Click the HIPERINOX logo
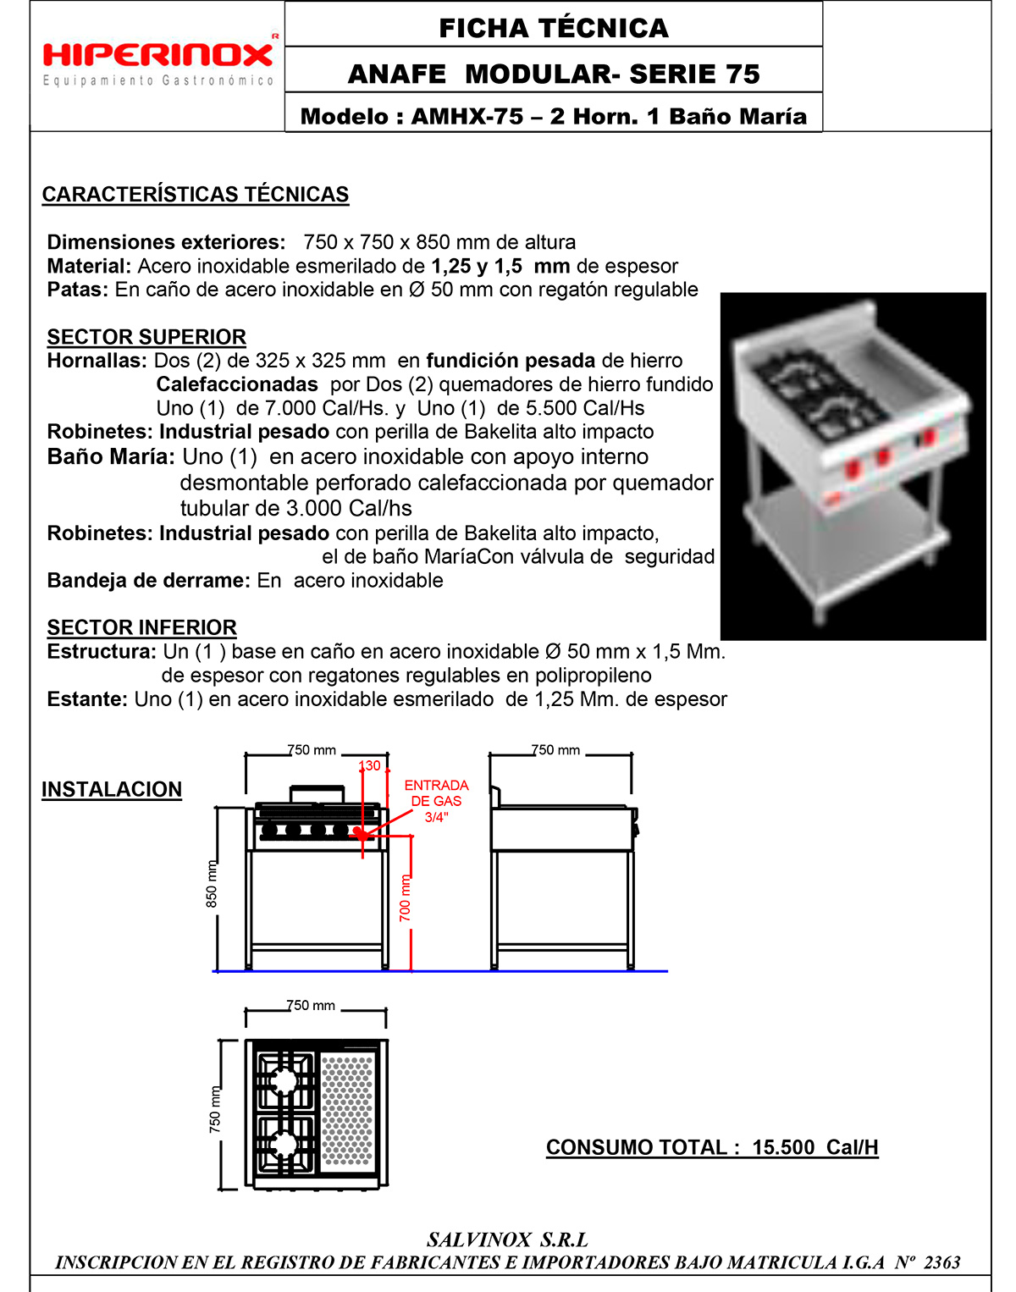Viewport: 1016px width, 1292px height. pyautogui.click(x=158, y=56)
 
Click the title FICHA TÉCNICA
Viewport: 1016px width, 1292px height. pyautogui.click(x=554, y=27)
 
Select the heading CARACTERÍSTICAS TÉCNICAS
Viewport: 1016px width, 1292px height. pyautogui.click(x=196, y=195)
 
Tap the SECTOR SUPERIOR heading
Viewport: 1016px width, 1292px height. pyautogui.click(x=146, y=337)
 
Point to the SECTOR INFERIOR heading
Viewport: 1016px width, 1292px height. pyautogui.click(x=142, y=627)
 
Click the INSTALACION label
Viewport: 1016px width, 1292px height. pyautogui.click(x=112, y=789)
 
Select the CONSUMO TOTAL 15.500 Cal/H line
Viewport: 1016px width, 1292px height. pyautogui.click(x=712, y=1147)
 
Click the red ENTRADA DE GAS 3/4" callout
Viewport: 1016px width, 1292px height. pyautogui.click(x=436, y=801)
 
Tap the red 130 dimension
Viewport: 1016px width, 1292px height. pyautogui.click(x=370, y=765)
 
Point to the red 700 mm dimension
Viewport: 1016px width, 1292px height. pyautogui.click(x=406, y=898)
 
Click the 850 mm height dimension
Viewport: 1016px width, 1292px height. pyautogui.click(x=212, y=884)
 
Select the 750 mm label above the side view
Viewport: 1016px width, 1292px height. pyautogui.click(x=555, y=750)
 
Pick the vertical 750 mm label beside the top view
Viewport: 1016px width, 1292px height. pyautogui.click(x=215, y=1110)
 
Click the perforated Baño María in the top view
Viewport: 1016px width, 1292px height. pyautogui.click(x=347, y=1110)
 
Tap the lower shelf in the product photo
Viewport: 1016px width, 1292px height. pyautogui.click(x=842, y=518)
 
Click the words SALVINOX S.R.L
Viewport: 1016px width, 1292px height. pyautogui.click(x=507, y=1240)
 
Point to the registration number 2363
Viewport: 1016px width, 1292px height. pyautogui.click(x=941, y=1262)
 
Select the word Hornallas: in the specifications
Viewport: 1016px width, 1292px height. pyautogui.click(x=97, y=361)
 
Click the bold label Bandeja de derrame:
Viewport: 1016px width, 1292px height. pyautogui.click(x=149, y=581)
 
